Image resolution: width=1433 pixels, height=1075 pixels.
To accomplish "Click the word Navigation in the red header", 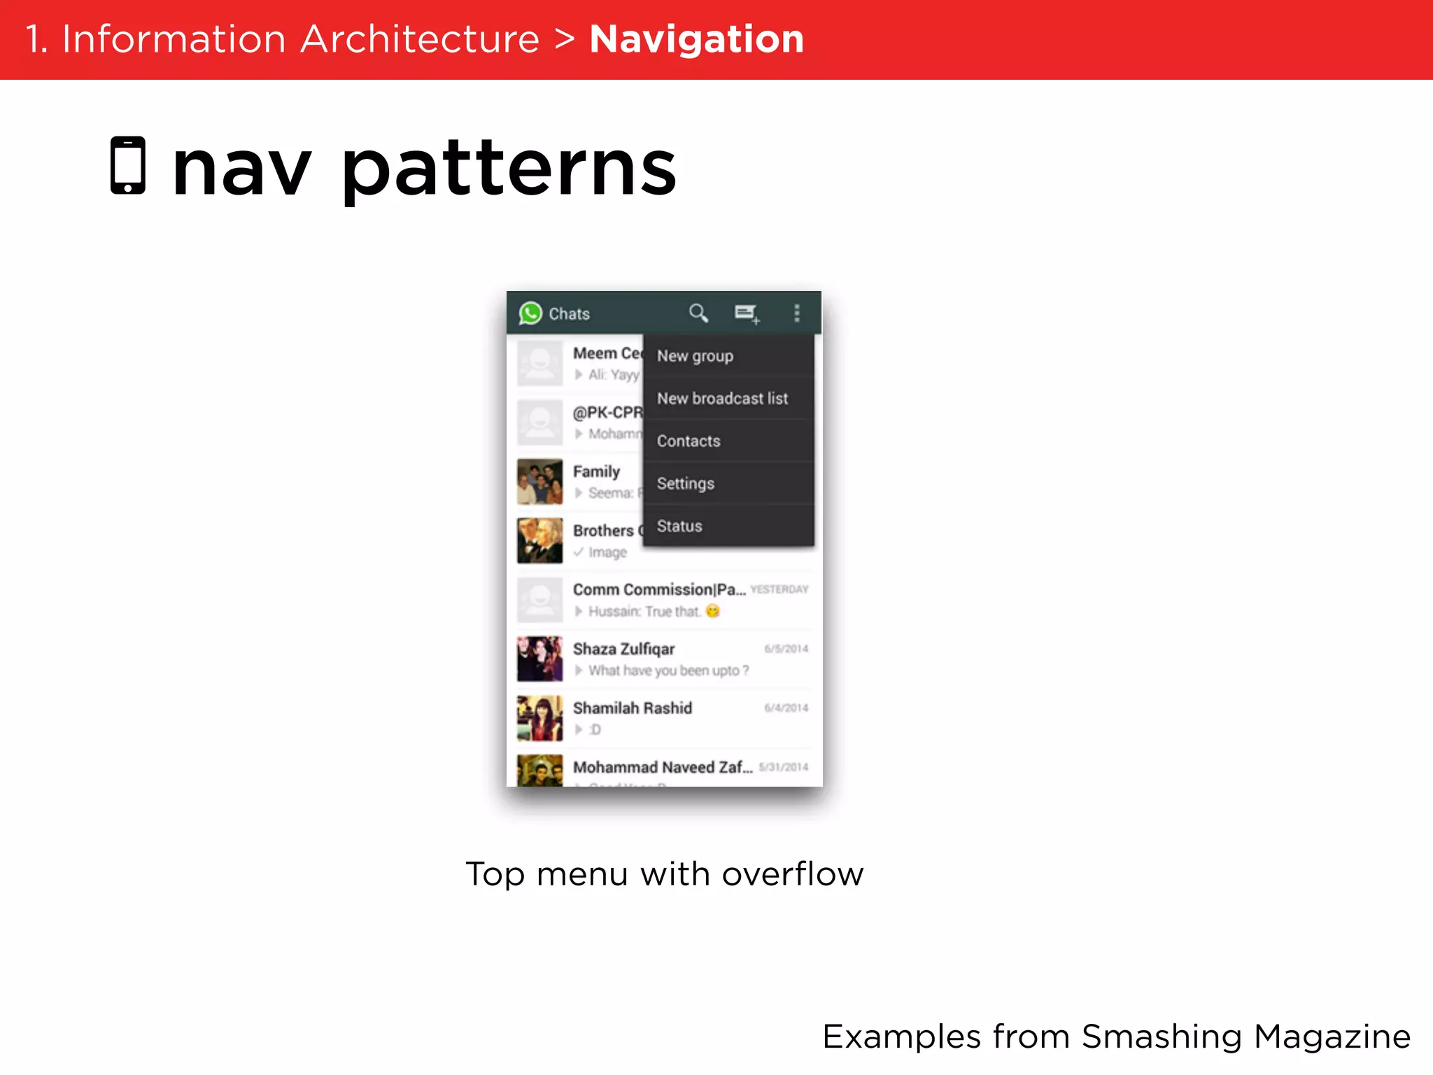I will tap(696, 39).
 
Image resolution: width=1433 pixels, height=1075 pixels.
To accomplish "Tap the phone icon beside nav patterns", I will tap(128, 165).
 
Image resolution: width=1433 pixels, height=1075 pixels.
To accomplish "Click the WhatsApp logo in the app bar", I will tap(530, 313).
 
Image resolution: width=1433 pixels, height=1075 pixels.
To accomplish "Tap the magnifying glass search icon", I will tap(698, 313).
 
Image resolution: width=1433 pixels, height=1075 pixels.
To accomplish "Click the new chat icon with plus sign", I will tap(747, 314).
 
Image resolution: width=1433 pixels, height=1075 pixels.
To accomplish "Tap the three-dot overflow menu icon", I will tap(796, 313).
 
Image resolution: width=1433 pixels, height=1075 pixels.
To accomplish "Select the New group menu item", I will tap(695, 356).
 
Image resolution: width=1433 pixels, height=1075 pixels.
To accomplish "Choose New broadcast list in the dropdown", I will tap(722, 399).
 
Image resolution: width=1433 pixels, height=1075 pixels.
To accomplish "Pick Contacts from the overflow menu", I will tap(689, 442).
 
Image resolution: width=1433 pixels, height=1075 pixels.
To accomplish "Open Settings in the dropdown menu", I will tap(686, 484).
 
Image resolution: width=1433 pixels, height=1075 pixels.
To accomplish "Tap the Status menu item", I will tap(679, 526).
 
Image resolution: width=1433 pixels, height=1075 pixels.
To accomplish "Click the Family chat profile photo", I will tap(539, 482).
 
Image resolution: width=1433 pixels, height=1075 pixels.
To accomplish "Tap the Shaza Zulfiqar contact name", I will tap(623, 649).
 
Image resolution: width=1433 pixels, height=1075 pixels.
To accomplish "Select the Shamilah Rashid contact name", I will tap(633, 708).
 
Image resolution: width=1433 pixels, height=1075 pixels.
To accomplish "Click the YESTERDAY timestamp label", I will tap(779, 589).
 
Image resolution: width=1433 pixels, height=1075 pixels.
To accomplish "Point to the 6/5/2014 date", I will tap(786, 649).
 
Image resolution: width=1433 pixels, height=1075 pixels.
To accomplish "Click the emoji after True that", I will tap(712, 611).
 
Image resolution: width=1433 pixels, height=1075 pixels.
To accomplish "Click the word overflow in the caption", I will tap(793, 874).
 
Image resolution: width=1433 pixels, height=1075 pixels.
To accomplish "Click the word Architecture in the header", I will tap(420, 39).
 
